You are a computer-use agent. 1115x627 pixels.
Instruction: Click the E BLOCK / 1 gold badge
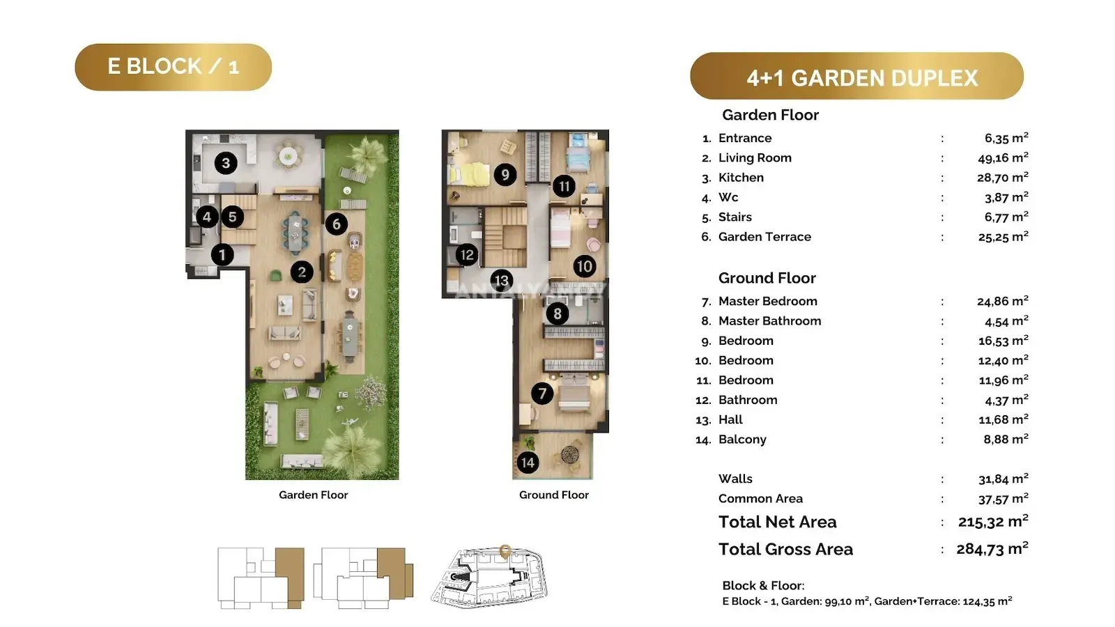[x=174, y=67]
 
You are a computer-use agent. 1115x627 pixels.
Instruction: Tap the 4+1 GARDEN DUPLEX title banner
[x=856, y=76]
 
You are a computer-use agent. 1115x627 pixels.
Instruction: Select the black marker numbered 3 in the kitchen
[x=226, y=163]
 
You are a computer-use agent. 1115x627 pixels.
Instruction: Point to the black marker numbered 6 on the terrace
[x=337, y=224]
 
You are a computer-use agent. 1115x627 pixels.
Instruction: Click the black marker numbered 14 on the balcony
[x=528, y=463]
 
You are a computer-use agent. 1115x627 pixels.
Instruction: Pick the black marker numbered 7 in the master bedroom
[x=542, y=394]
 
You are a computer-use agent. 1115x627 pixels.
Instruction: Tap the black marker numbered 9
[x=505, y=175]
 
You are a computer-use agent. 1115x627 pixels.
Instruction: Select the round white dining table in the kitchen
[x=289, y=157]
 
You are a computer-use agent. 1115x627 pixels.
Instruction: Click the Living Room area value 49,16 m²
[x=1003, y=157]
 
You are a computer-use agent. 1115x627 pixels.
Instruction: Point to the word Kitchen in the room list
[x=741, y=178]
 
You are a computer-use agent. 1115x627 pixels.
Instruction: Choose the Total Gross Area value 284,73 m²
[x=992, y=548]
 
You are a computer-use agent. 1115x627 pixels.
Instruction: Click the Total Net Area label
[x=778, y=522]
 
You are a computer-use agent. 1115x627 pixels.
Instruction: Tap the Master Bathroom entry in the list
[x=769, y=321]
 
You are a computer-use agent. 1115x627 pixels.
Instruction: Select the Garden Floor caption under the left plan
[x=313, y=495]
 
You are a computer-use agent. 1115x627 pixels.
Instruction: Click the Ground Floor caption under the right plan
[x=553, y=495]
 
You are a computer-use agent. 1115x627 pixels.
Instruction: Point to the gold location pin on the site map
[x=505, y=551]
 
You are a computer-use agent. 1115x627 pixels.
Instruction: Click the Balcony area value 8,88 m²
[x=1006, y=439]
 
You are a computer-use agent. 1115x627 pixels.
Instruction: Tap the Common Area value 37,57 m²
[x=1003, y=498]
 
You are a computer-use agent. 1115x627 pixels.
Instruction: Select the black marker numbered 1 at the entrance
[x=222, y=255]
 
